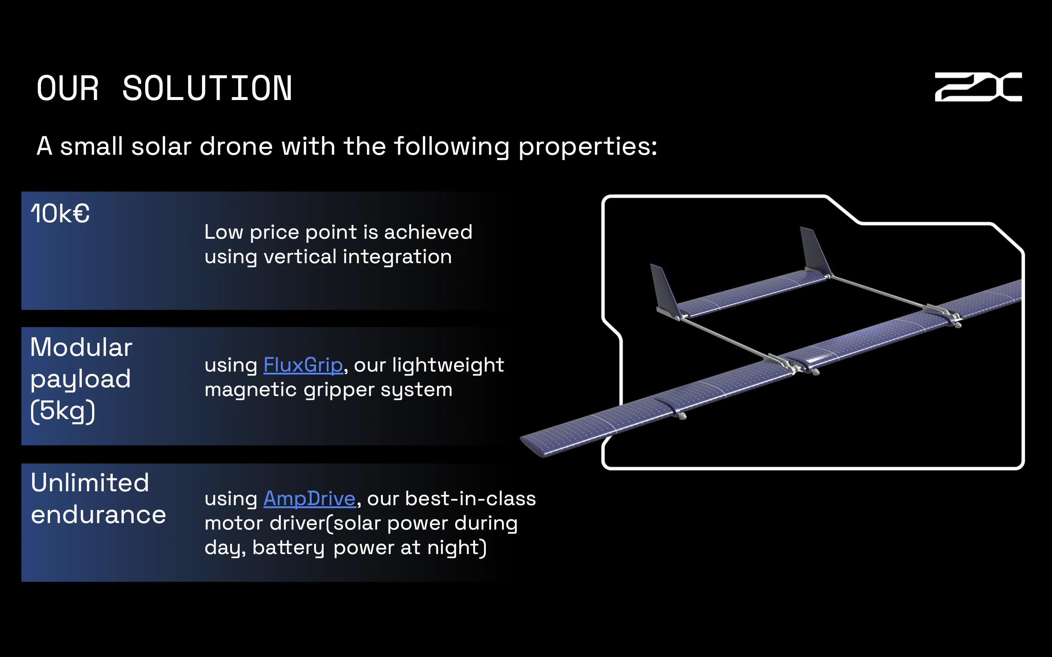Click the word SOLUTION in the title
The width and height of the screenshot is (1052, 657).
click(207, 89)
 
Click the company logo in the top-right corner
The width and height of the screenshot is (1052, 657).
click(978, 87)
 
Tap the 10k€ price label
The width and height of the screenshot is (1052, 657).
click(60, 214)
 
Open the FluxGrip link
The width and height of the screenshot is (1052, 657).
click(303, 365)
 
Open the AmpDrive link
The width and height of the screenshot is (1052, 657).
click(309, 498)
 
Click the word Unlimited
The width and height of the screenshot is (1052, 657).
click(90, 483)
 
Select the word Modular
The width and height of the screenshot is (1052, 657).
click(81, 347)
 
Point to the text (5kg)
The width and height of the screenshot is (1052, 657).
click(62, 411)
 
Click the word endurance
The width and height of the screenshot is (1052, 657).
click(98, 515)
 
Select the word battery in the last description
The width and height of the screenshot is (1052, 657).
click(288, 547)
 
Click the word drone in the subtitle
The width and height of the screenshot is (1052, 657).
click(236, 146)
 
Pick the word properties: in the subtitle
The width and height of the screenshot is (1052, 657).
click(587, 147)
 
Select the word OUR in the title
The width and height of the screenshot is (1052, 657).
click(68, 89)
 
